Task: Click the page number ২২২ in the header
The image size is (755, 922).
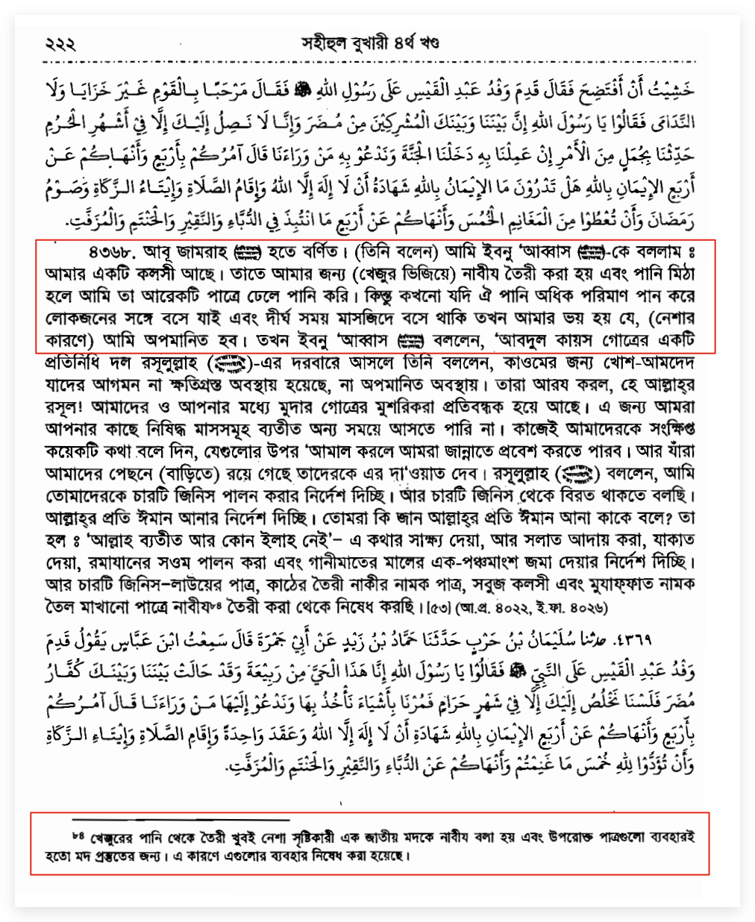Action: click(x=60, y=45)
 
